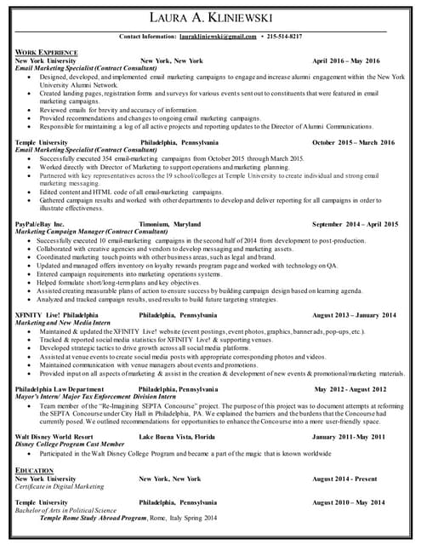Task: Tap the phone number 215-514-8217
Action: click(x=284, y=37)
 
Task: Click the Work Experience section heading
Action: click(x=46, y=53)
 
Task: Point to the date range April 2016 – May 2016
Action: click(x=346, y=61)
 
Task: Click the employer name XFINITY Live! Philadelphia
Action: click(x=57, y=315)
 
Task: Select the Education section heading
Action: click(x=33, y=469)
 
